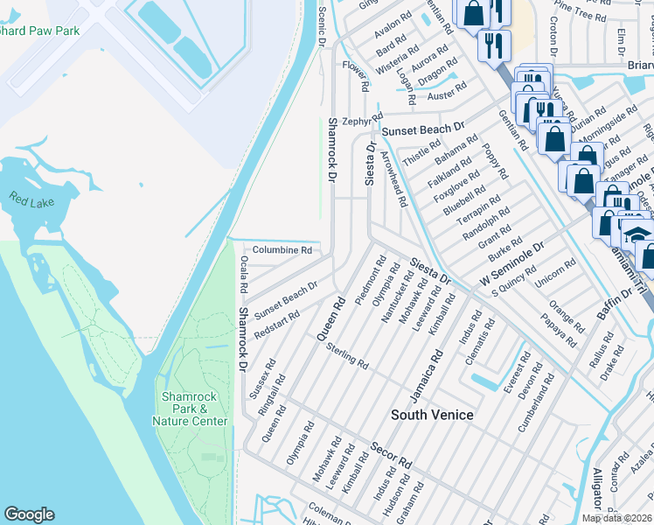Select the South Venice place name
tap(432, 415)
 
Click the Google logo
tap(29, 514)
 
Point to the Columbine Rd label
tap(282, 250)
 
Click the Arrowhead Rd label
tap(393, 178)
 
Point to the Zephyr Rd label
tap(363, 121)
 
